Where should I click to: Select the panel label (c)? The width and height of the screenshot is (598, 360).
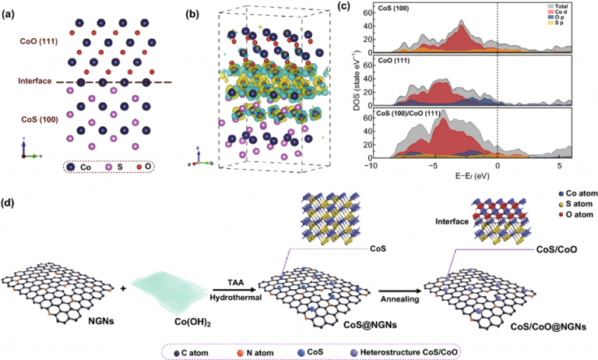(x=364, y=9)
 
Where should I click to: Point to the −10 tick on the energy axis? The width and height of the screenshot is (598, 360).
(x=372, y=166)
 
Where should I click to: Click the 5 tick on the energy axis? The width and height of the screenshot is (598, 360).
(x=558, y=166)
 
